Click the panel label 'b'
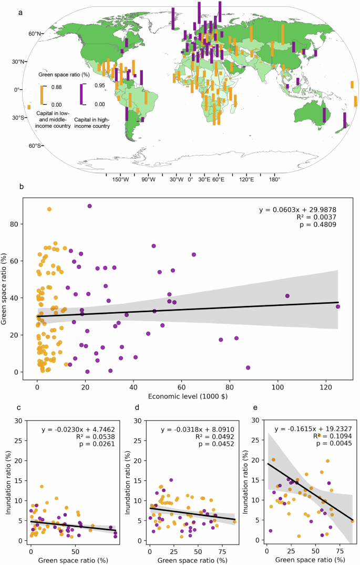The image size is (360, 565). [21, 186]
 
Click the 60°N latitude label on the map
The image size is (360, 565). [35, 34]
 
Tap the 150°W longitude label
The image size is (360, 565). [120, 179]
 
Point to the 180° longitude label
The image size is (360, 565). [274, 179]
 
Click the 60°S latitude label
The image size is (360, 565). [35, 146]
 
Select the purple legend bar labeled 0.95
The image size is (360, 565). [80, 95]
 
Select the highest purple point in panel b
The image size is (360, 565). [90, 206]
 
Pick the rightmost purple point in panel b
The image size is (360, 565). [338, 306]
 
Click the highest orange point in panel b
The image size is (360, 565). [49, 209]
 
